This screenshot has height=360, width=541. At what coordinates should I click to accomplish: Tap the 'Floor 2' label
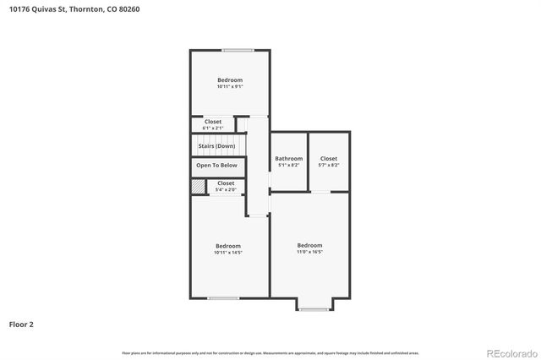pos(22,324)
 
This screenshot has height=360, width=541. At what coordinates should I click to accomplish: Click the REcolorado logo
pos(510,352)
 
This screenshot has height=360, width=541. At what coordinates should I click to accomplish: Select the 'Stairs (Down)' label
pos(216,146)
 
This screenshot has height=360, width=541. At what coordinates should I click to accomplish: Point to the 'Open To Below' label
pos(217,166)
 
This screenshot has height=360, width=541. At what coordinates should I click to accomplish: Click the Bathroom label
pos(288,158)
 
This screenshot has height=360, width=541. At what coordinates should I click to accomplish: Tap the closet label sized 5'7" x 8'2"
pos(329,158)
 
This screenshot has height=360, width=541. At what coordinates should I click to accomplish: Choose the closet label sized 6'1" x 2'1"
pos(213,122)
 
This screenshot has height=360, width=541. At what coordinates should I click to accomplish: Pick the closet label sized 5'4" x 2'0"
pos(226,183)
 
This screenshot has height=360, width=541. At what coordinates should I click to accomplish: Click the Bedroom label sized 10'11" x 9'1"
pos(229,80)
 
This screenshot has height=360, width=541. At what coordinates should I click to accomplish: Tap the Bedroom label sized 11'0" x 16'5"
pos(309,245)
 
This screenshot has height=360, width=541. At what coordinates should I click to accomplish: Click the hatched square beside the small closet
pos(198,186)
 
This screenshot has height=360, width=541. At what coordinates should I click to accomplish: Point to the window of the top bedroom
pos(238,50)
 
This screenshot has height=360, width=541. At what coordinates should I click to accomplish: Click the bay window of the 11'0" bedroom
pos(314,309)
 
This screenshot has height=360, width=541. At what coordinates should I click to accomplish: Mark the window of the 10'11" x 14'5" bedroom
pos(223,297)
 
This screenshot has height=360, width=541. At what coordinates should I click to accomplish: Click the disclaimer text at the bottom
pos(270,352)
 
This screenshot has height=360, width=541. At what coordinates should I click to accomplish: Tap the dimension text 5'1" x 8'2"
pos(288,165)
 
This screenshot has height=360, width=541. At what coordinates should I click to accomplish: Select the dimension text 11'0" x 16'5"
pos(309,252)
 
